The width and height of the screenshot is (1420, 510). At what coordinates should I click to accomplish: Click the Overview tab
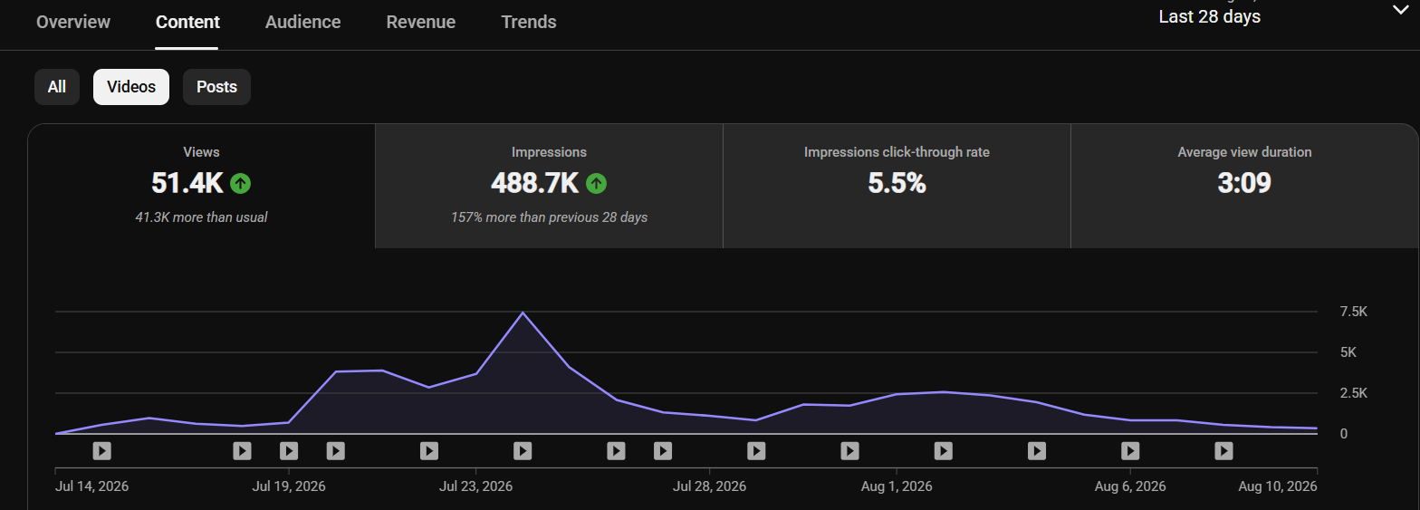click(72, 22)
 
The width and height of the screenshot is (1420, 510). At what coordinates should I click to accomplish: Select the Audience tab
click(303, 22)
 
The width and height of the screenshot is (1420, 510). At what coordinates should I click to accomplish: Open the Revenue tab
click(421, 22)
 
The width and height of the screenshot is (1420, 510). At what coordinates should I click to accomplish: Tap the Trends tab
click(529, 22)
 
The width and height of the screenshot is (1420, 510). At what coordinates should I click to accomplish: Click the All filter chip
click(57, 87)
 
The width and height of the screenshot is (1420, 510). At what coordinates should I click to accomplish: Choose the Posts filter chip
click(216, 87)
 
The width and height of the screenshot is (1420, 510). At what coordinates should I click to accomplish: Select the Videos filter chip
click(131, 87)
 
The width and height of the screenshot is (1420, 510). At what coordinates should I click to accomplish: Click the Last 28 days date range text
click(1210, 16)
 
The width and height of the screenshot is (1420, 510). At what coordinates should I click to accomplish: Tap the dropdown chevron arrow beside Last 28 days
click(1400, 10)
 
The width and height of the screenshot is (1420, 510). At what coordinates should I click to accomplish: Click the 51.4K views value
click(187, 183)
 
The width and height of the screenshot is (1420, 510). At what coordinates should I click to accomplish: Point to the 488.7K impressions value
click(534, 183)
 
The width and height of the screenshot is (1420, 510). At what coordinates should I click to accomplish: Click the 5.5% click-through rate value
click(897, 183)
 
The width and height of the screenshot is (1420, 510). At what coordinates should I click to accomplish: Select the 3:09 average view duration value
click(1244, 183)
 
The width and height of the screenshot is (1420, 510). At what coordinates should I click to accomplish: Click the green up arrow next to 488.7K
click(596, 184)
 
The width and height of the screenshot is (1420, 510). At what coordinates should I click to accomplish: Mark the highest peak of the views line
click(523, 313)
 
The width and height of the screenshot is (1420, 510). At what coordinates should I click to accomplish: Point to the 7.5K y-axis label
click(1353, 312)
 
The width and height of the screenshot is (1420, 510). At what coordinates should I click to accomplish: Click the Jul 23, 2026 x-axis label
click(476, 486)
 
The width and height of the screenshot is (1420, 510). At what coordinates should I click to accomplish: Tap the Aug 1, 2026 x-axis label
click(897, 486)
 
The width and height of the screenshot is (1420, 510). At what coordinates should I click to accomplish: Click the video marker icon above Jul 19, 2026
click(289, 451)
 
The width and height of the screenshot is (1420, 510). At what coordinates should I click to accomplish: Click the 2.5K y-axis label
click(1353, 393)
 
